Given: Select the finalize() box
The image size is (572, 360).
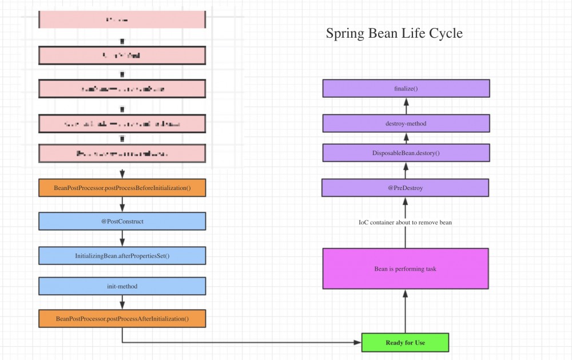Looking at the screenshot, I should (406, 89).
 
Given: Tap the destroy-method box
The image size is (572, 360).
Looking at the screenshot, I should (406, 123).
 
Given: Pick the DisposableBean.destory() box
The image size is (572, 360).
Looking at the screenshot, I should (406, 153).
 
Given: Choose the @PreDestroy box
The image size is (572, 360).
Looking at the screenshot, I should (405, 188).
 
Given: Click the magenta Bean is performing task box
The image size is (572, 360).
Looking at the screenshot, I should (405, 268).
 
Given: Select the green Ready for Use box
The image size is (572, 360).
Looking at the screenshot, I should (405, 342).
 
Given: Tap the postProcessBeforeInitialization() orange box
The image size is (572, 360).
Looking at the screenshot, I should (122, 188).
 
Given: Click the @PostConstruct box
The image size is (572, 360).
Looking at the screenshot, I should (122, 221).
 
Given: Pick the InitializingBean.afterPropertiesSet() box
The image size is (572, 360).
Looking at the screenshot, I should (122, 256).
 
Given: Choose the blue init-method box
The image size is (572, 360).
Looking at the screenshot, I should (122, 286).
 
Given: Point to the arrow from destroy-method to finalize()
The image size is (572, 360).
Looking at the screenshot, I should (406, 106).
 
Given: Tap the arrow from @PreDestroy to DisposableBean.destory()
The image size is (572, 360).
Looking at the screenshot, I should (406, 170).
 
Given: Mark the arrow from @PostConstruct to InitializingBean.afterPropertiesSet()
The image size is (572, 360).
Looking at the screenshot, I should (122, 238).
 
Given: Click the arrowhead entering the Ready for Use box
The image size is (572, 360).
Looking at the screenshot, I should (357, 343).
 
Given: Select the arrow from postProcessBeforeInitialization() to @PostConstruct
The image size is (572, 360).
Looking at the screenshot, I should (122, 204).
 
